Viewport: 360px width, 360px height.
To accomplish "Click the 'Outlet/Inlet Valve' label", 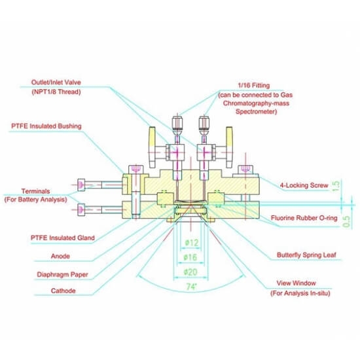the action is pyautogui.click(x=56, y=82).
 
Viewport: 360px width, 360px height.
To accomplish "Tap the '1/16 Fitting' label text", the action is pyautogui.click(x=254, y=85).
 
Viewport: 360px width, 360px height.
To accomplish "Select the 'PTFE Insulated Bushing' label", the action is pyautogui.click(x=46, y=126).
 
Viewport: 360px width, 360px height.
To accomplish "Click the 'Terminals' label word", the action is pyautogui.click(x=35, y=191).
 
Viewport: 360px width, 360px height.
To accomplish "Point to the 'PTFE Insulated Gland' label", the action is pyautogui.click(x=63, y=238).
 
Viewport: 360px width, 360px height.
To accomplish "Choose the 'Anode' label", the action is pyautogui.click(x=60, y=256).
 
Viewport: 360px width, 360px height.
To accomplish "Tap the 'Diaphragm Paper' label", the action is pyautogui.click(x=62, y=274).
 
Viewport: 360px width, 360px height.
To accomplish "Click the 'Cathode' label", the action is pyautogui.click(x=63, y=291).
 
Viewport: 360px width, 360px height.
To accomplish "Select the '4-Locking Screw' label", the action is pyautogui.click(x=304, y=185).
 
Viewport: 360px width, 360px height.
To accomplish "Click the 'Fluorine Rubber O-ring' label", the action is pyautogui.click(x=304, y=218).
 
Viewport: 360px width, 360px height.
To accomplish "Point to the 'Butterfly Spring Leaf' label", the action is pyautogui.click(x=306, y=255).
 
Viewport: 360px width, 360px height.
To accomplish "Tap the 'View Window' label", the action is pyautogui.click(x=296, y=283).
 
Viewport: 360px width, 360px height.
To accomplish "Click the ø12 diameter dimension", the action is pyautogui.click(x=192, y=242).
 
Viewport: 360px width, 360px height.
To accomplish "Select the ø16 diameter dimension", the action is pyautogui.click(x=190, y=257).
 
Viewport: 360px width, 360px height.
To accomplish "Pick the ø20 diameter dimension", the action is pyautogui.click(x=190, y=272).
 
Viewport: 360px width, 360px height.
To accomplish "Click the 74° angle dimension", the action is pyautogui.click(x=192, y=287).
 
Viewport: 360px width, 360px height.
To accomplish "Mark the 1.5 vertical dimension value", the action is pyautogui.click(x=336, y=186).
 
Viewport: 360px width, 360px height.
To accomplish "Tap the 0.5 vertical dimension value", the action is pyautogui.click(x=346, y=221).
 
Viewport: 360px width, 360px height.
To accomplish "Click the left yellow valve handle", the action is pyautogui.click(x=152, y=147).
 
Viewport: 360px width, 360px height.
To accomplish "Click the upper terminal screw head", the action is pyautogui.click(x=81, y=185).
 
